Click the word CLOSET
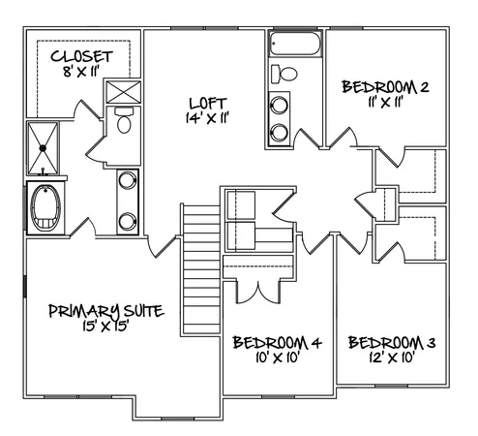(x=81, y=56)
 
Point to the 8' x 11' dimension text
(x=81, y=72)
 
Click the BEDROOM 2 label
(x=386, y=87)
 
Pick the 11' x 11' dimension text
(x=385, y=102)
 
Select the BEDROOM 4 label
(x=277, y=342)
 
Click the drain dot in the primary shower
(x=43, y=147)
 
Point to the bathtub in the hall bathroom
(x=295, y=44)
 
